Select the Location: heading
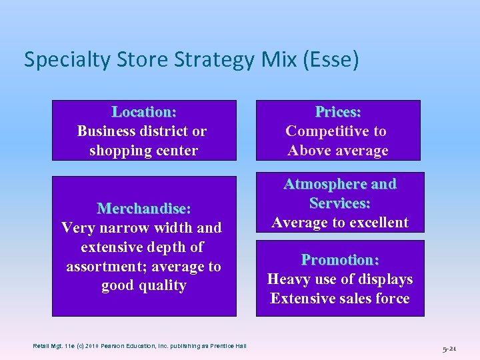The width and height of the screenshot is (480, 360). click(144, 112)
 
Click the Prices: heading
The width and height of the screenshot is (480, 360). click(338, 112)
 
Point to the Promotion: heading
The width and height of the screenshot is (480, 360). click(340, 260)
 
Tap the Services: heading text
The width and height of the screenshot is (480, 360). click(340, 203)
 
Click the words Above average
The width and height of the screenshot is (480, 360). click(338, 151)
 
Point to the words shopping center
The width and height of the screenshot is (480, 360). click(144, 151)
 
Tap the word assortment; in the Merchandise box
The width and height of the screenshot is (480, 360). click(106, 267)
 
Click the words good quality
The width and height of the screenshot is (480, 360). click(144, 286)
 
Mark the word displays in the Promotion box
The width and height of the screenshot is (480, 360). click(385, 279)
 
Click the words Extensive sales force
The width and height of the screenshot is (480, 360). click(340, 299)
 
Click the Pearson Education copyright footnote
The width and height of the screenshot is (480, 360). click(140, 345)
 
